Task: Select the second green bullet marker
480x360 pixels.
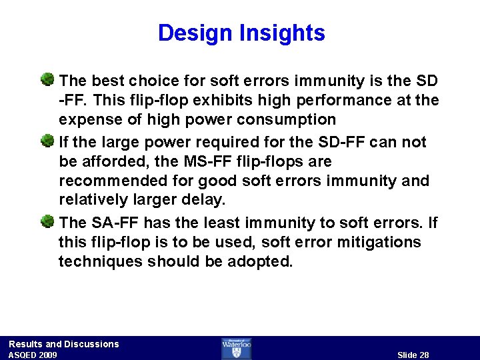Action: (47, 141)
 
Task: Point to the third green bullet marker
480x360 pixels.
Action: (47, 221)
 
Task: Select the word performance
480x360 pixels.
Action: (335, 101)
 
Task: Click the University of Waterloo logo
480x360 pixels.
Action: (237, 348)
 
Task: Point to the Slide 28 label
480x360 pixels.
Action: (413, 355)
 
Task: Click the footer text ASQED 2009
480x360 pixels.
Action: (33, 355)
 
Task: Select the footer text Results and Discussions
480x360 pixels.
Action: (64, 344)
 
